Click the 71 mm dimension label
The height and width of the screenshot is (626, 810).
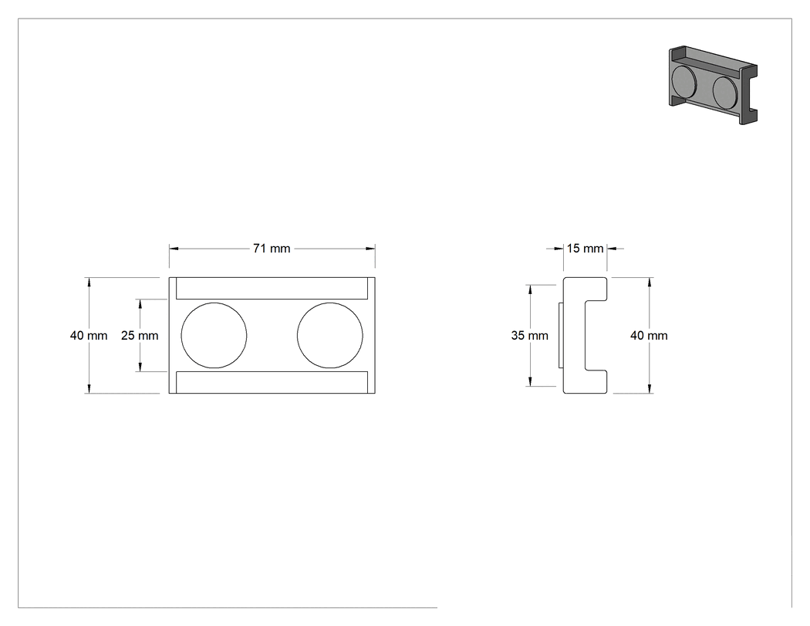pos(272,249)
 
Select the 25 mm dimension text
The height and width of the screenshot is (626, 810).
pos(140,336)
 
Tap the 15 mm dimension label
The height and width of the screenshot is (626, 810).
pos(585,249)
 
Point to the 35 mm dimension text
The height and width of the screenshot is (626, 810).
pos(529,336)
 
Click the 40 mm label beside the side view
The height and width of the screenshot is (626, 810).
pos(649,336)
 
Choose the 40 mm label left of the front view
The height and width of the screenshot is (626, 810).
pos(89,336)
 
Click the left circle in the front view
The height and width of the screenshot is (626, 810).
pos(214,336)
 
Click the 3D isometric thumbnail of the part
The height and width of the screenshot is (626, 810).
pos(713,85)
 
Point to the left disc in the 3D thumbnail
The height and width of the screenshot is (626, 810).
pos(683,82)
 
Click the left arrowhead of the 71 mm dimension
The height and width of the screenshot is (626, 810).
pos(174,249)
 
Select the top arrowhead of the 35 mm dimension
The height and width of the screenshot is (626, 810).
pos(529,289)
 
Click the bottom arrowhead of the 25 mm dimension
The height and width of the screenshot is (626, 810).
pos(140,367)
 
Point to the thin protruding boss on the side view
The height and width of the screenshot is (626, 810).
pos(561,336)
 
